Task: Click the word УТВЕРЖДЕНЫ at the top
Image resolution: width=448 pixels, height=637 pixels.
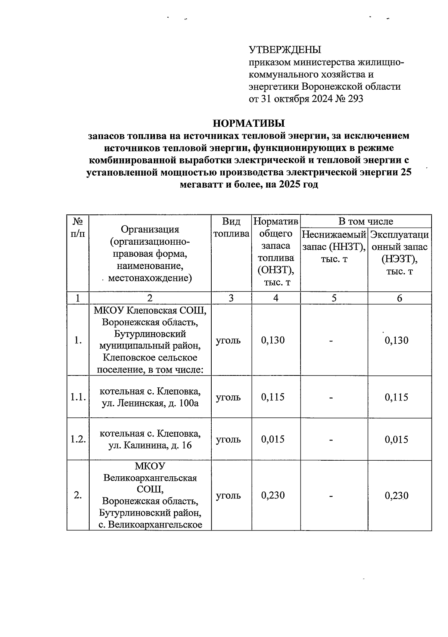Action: [285, 50]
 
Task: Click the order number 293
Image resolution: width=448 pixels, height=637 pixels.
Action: [355, 99]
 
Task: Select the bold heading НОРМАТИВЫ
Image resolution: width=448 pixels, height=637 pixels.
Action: [249, 123]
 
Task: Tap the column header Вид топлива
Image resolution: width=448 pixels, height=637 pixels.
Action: [231, 228]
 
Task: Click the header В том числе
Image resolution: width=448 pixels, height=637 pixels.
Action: [365, 221]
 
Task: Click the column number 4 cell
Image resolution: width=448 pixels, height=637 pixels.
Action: [276, 298]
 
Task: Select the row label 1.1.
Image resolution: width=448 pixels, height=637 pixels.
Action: [78, 397]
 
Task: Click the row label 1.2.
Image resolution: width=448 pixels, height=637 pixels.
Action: [78, 439]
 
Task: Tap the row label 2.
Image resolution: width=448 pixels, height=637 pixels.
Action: [78, 495]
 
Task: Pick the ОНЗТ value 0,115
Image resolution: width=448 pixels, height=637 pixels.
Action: [273, 397]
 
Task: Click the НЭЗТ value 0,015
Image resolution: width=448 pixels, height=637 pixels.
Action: [396, 439]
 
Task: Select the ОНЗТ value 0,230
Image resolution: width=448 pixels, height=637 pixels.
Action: [273, 495]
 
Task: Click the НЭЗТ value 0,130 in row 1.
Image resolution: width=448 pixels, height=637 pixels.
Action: [396, 340]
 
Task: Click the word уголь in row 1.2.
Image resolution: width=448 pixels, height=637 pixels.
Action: [228, 439]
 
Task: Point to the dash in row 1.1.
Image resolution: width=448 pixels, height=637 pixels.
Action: [331, 398]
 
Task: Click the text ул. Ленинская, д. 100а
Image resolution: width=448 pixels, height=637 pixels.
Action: [150, 403]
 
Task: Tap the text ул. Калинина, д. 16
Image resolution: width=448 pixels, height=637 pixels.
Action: [150, 445]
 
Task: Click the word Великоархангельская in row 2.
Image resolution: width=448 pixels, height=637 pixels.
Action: [150, 478]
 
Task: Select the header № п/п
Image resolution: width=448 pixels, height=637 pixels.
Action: [78, 228]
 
